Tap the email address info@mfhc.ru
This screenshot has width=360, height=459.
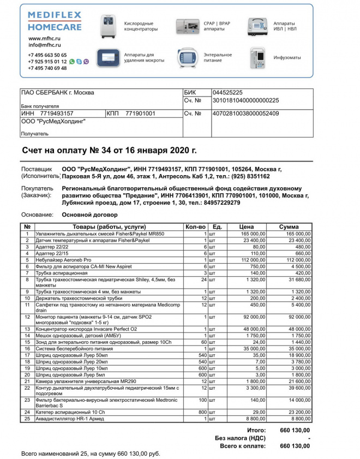[x=43, y=46]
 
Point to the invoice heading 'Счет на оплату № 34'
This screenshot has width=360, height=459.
[x=109, y=150]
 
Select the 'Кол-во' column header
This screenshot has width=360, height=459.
[x=195, y=226]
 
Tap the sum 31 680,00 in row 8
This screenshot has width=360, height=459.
[x=297, y=279]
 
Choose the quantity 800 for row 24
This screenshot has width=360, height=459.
[x=201, y=413]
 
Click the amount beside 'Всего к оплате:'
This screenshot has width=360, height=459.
[x=294, y=445]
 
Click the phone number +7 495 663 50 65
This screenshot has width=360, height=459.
[x=47, y=55]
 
